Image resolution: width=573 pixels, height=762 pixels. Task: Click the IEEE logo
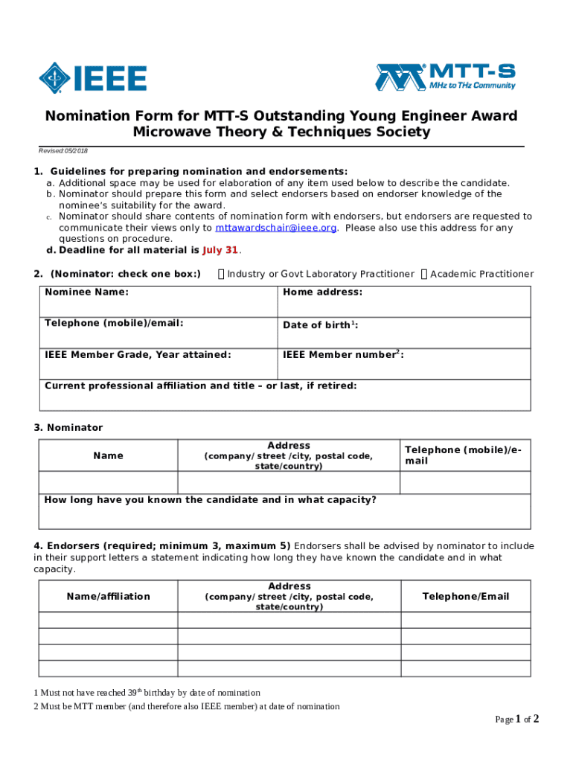point(92,77)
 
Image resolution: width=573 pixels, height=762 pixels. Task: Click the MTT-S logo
point(446,77)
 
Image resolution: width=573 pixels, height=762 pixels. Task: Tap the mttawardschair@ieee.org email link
point(275,228)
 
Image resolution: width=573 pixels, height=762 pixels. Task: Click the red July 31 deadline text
point(220,250)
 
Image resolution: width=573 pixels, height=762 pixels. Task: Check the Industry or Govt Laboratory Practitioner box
point(221,275)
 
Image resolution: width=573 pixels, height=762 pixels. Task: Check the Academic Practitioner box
point(424,275)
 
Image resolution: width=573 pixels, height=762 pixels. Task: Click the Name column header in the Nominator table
point(108,455)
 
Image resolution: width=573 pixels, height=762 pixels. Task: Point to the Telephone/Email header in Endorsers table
point(465,596)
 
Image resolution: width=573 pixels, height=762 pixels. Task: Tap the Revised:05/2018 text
point(63,151)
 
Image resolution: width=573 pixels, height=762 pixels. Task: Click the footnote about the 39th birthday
point(147,693)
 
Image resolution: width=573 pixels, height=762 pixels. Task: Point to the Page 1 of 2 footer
point(516,720)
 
